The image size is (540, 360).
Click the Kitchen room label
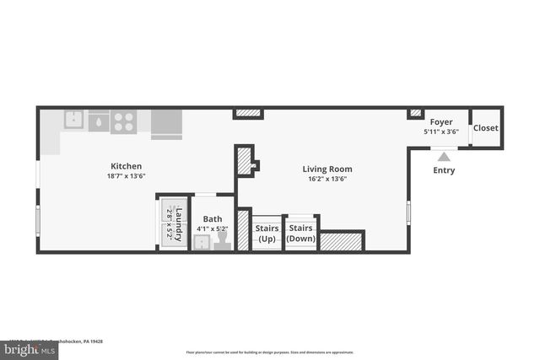pos(127,166)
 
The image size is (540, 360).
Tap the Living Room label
pos(327,169)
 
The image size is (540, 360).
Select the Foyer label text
pos(441,123)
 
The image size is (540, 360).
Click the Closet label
pos(485,128)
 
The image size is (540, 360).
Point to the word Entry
pos(444,170)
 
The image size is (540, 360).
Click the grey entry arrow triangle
pos(444,156)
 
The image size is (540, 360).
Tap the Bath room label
pos(213,219)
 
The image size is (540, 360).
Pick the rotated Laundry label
pos(178,224)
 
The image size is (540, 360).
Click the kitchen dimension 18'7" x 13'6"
pos(127,176)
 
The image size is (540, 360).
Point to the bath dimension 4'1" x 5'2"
pos(213,228)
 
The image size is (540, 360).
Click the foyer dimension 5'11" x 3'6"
pos(441,132)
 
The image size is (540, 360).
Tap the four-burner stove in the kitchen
pos(123,122)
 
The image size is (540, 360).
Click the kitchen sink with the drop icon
pos(98,122)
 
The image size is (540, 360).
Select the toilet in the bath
pos(222,243)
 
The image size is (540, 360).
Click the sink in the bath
pos(202,243)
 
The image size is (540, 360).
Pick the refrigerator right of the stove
pos(166,124)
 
